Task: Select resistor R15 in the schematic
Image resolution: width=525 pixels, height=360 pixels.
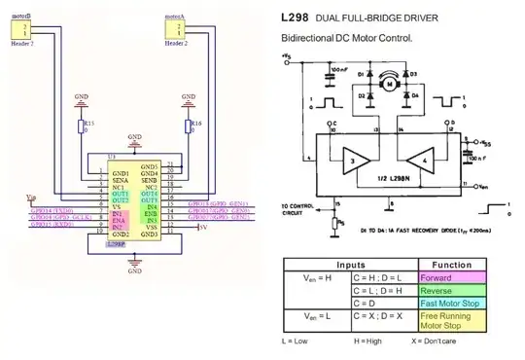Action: (81, 126)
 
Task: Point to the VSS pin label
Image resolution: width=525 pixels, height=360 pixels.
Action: (151, 228)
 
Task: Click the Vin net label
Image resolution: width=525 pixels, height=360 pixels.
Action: (31, 197)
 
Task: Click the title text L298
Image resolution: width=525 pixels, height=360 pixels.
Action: (294, 18)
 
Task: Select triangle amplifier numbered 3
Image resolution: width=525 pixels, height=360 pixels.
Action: (357, 161)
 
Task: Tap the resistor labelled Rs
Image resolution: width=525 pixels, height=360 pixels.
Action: (337, 221)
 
